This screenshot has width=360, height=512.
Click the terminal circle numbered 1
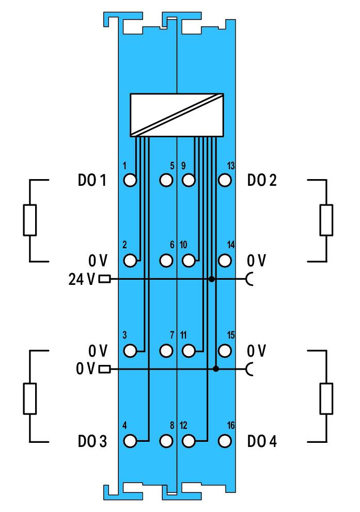click(130, 180)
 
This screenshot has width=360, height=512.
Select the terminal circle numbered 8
click(166, 441)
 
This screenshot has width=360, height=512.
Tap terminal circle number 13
click(225, 180)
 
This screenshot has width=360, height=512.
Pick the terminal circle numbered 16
click(225, 441)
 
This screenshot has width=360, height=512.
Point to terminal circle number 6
click(166, 261)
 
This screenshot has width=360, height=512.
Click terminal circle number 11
click(189, 351)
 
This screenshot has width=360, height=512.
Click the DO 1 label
click(92, 180)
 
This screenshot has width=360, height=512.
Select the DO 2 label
click(262, 180)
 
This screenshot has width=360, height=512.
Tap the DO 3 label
click(92, 441)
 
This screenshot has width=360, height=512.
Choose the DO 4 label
click(262, 441)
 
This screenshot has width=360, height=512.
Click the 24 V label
click(82, 279)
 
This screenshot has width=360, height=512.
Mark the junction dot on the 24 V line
click(212, 279)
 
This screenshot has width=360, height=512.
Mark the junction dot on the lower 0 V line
click(215, 369)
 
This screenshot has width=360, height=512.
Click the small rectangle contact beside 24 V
click(104, 279)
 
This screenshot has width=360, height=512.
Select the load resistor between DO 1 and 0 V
click(30, 220)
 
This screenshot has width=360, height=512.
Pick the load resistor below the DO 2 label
click(326, 220)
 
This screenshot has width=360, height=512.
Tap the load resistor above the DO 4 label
click(326, 398)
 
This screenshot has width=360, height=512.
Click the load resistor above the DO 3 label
click(30, 398)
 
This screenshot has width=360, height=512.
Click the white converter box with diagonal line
click(177, 115)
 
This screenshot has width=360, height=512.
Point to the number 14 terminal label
click(231, 245)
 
